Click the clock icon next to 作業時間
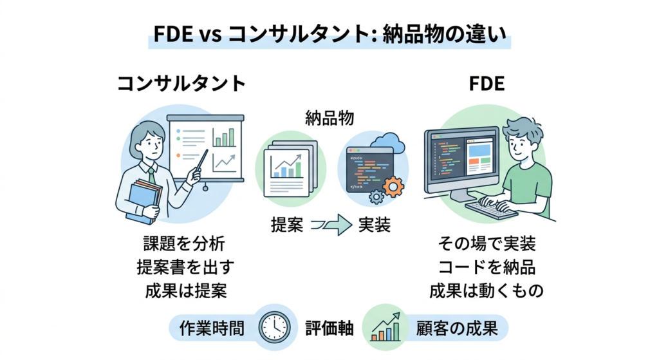[274, 328]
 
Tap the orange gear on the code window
[393, 187]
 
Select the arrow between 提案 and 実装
[331, 225]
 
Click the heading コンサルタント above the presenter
[181, 83]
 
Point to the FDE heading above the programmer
[487, 83]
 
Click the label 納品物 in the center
[329, 118]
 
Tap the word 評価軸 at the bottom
[329, 328]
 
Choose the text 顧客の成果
[457, 328]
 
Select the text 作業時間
[212, 328]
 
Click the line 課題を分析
[185, 243]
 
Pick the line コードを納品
[487, 267]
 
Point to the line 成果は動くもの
[487, 290]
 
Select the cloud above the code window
[388, 143]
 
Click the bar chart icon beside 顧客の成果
[385, 328]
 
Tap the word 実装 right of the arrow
[375, 225]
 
